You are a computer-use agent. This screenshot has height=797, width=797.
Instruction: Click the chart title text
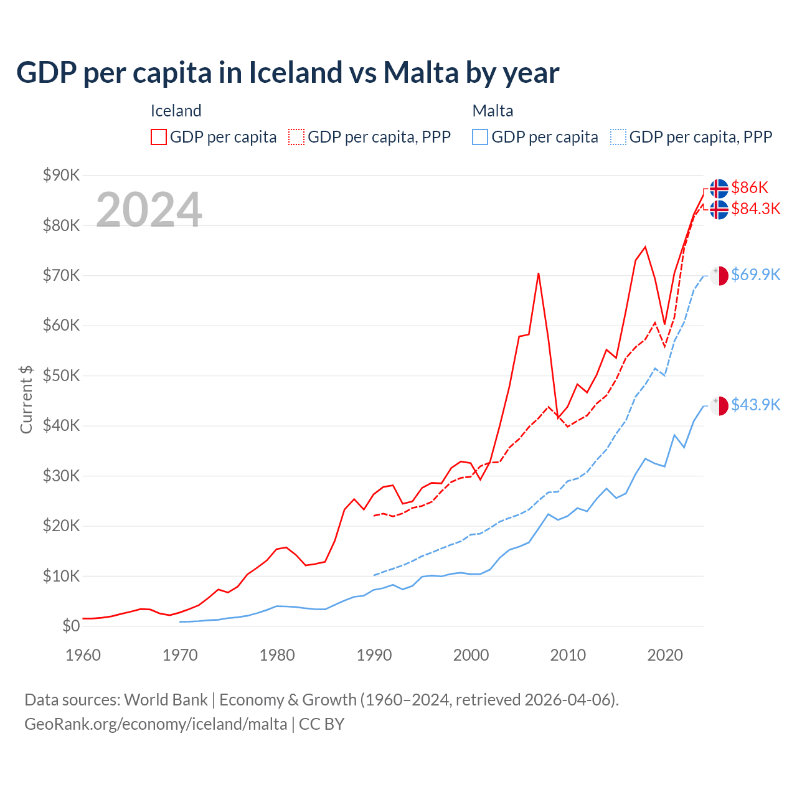click(288, 73)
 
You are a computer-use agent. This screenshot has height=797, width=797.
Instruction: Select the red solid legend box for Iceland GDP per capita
click(159, 137)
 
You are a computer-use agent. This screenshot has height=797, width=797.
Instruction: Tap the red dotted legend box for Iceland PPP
click(296, 137)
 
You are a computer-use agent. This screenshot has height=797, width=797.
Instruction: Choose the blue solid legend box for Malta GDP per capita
click(480, 137)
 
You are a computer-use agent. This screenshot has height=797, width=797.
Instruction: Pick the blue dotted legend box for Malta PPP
click(618, 137)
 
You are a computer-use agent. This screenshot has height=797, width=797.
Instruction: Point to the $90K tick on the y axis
click(61, 175)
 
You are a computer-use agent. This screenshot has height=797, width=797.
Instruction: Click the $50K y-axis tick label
click(61, 375)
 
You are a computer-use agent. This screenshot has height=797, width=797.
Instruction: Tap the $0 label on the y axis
click(71, 626)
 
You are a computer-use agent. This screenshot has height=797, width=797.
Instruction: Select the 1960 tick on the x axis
click(83, 655)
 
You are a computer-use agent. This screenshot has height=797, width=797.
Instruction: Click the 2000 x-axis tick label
click(471, 655)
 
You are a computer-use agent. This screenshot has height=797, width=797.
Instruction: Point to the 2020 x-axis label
click(665, 655)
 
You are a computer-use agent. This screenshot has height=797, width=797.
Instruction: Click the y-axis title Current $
click(26, 400)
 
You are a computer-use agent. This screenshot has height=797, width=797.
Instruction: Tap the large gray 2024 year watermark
click(149, 210)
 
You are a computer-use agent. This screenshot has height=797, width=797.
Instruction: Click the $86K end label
click(750, 187)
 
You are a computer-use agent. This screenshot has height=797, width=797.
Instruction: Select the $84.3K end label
click(755, 209)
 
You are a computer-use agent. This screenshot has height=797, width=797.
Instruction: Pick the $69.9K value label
click(755, 275)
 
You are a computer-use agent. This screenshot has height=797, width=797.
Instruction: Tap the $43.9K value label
click(755, 405)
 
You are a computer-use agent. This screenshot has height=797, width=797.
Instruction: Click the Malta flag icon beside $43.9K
click(719, 406)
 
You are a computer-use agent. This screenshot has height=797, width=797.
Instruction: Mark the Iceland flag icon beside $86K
click(719, 188)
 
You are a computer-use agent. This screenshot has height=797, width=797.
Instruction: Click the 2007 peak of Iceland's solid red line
click(539, 273)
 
